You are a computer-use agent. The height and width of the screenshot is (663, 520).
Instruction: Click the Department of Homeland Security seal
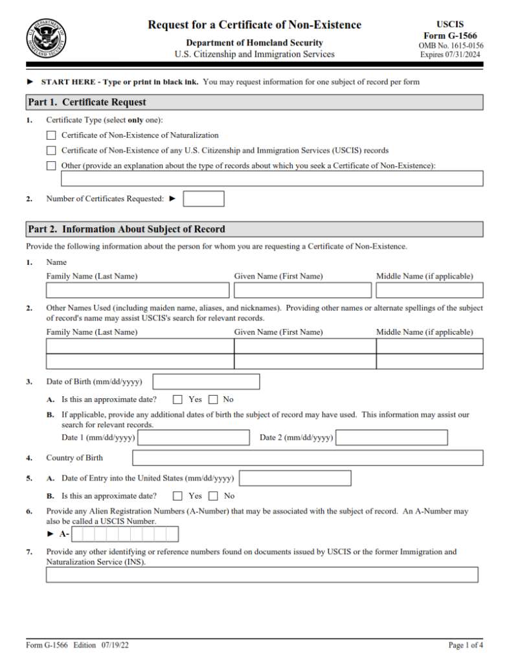(45, 38)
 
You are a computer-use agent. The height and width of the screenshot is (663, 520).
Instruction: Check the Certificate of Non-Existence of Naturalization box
(51, 135)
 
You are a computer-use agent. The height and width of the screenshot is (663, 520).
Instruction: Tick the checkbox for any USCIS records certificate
(51, 150)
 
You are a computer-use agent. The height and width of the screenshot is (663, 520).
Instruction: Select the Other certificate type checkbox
(51, 165)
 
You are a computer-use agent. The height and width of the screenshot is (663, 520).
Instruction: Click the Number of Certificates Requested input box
(203, 199)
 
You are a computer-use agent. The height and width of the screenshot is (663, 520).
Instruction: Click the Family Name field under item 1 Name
(137, 290)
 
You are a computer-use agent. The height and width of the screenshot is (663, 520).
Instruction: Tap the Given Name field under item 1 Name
(302, 290)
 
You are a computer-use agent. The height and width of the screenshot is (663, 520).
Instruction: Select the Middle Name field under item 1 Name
(429, 290)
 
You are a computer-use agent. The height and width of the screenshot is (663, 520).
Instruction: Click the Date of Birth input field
(206, 381)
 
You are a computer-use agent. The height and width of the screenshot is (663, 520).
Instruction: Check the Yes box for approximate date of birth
(177, 399)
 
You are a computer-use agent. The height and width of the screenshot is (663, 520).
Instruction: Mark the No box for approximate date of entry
(213, 496)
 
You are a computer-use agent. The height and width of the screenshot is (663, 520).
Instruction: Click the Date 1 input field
(194, 438)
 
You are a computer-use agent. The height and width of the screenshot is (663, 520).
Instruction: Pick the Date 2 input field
(391, 438)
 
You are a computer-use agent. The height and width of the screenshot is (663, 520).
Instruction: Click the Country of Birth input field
(308, 458)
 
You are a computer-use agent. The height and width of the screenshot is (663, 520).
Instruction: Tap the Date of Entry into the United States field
(295, 478)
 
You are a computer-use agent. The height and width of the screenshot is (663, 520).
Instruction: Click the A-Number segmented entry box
(125, 534)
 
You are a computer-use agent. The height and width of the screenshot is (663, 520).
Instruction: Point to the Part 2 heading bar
(254, 229)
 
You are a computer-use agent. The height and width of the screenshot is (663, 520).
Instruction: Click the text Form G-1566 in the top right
(450, 36)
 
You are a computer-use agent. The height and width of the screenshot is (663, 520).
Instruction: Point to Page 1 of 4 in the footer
(466, 645)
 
